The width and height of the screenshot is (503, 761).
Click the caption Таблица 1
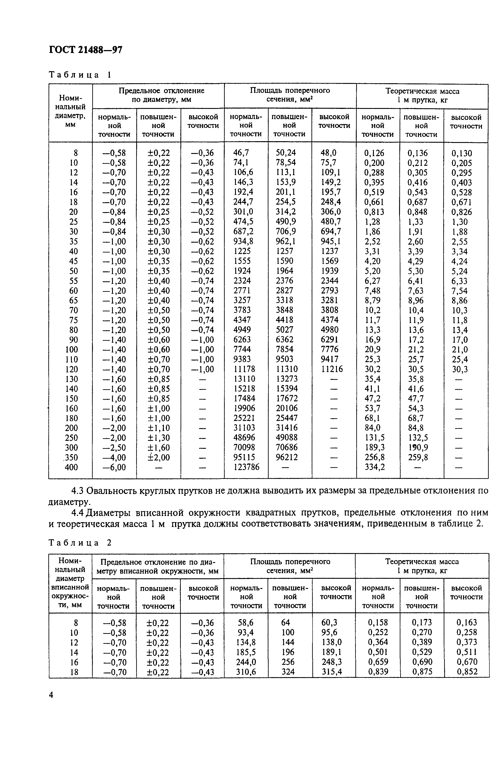point(80,75)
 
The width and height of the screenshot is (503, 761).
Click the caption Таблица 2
point(80,543)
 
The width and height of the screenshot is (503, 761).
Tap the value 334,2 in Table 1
point(375,467)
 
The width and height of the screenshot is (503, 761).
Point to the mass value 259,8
point(418,457)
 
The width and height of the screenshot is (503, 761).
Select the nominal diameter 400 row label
point(71,467)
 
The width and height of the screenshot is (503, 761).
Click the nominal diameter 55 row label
point(73,281)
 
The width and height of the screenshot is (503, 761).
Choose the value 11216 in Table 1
point(332,369)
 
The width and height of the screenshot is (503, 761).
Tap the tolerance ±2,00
point(158,457)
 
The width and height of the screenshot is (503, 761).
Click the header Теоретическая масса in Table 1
point(422,91)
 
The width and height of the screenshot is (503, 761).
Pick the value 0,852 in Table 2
point(467,672)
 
